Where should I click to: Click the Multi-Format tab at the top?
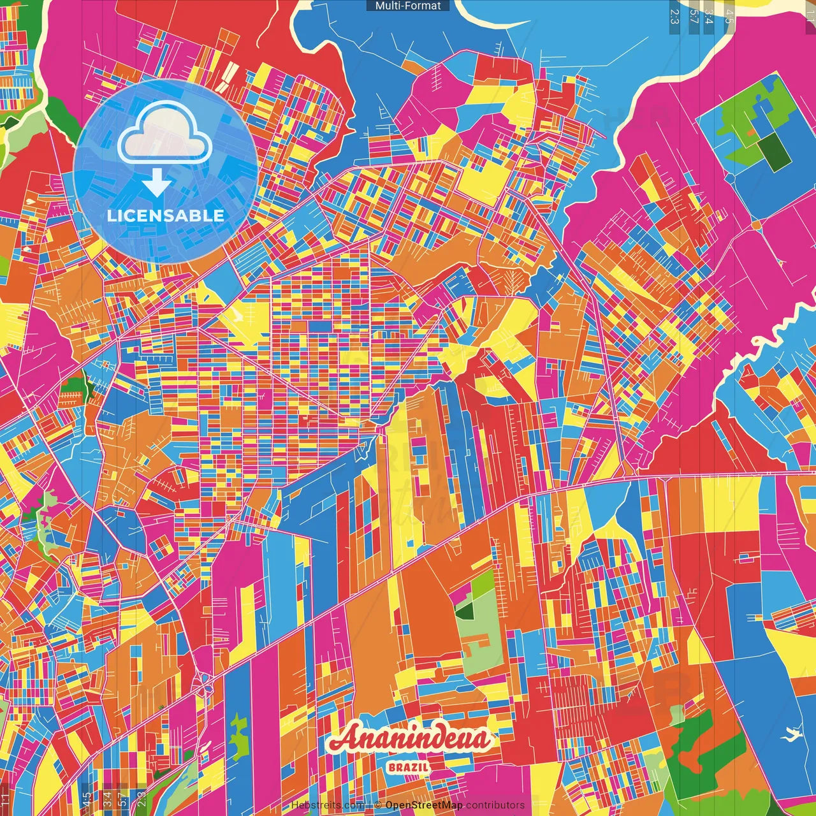408,6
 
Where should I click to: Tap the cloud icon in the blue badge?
164,135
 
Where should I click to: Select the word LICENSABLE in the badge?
166,215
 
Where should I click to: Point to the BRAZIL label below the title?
408,768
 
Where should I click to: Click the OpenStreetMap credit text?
423,805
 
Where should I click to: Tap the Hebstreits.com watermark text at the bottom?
328,805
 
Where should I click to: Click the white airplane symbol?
792,734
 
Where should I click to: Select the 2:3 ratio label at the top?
674,17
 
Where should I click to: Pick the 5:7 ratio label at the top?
694,17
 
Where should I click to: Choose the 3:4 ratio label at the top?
708,17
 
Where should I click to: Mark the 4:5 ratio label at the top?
729,17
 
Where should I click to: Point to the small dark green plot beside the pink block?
465,611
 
